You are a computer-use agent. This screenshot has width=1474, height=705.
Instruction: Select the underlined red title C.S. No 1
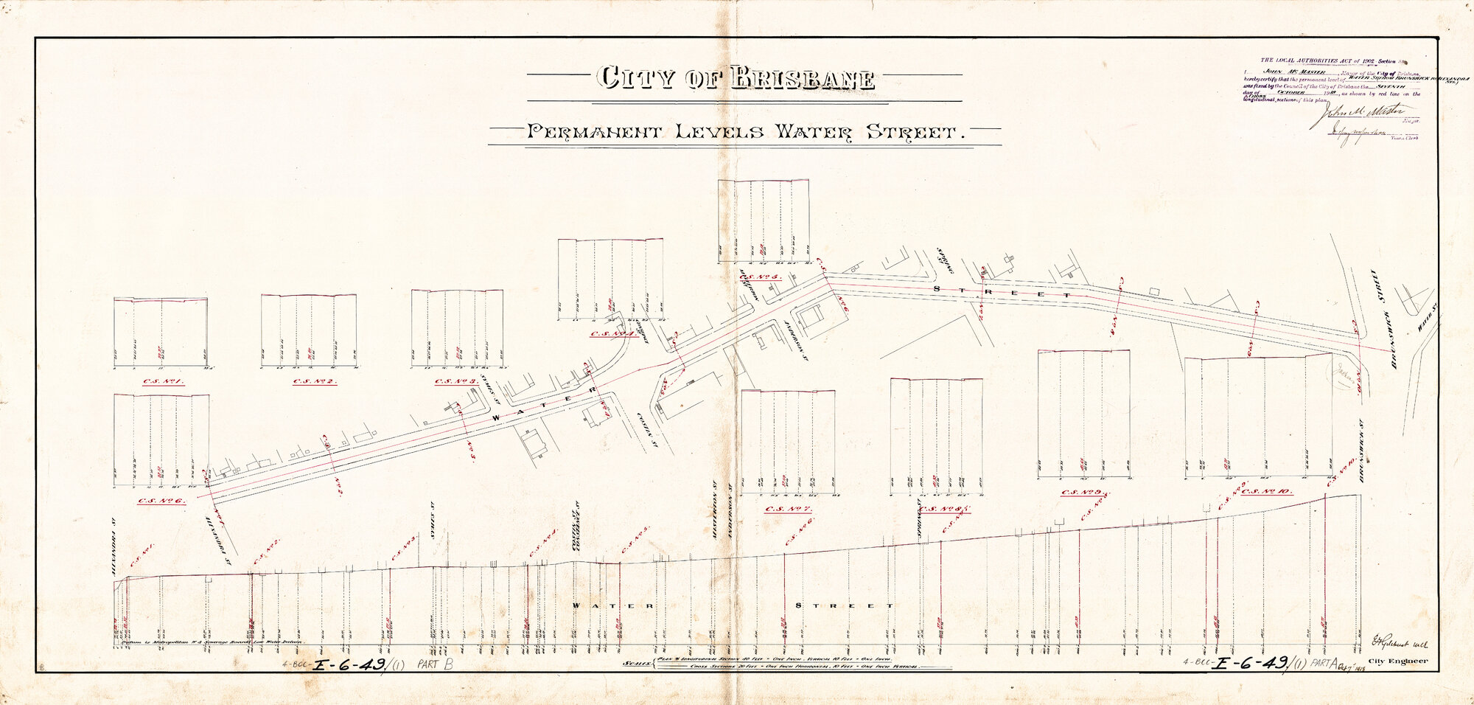pos(160,382)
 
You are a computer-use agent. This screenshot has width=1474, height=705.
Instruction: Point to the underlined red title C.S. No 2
pos(315,382)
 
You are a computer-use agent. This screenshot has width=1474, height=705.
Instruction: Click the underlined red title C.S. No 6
pos(161,501)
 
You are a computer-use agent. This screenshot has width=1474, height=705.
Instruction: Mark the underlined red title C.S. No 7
pos(788,509)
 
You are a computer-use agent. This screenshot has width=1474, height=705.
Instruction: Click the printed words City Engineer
pos(1397,661)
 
